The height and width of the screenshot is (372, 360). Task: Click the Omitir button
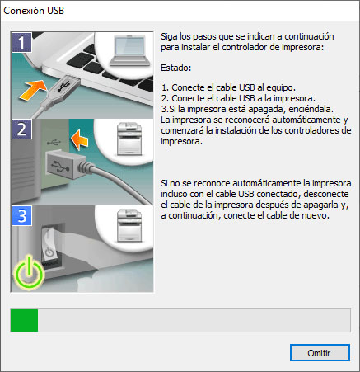tap(320, 353)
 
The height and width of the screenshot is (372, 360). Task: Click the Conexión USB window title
tap(34, 11)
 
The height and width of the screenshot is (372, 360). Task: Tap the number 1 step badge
tap(21, 42)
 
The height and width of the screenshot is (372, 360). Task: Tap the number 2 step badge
tap(21, 129)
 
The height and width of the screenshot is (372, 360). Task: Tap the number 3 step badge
tap(21, 216)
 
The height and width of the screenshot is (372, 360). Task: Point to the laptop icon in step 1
tap(129, 52)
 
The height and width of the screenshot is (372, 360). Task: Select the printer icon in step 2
tap(129, 139)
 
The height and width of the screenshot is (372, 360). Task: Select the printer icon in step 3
tap(129, 226)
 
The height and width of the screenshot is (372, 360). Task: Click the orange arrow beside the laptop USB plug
tap(33, 90)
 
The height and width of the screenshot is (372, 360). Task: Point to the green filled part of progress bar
tap(24, 320)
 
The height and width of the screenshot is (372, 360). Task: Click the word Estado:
tap(176, 68)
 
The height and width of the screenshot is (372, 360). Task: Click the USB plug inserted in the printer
tap(61, 164)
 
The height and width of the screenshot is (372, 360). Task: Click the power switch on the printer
tap(49, 243)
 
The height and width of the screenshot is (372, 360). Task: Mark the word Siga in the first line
tap(169, 37)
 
